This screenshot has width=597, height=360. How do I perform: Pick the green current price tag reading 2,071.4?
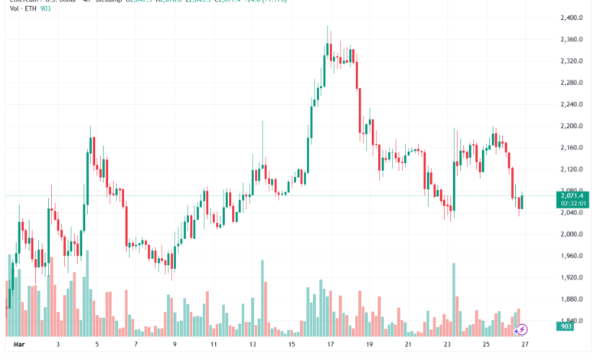pyautogui.click(x=573, y=197)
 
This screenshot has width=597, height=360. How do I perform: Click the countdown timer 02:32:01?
pyautogui.click(x=573, y=205)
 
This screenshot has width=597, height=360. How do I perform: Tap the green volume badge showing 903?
pyautogui.click(x=567, y=327)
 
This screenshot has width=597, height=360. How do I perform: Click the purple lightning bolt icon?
pyautogui.click(x=522, y=329)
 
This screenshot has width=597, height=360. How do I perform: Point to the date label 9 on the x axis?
pyautogui.click(x=175, y=345)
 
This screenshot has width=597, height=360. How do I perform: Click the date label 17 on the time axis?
pyautogui.click(x=330, y=345)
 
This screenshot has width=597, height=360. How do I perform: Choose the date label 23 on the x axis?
pyautogui.click(x=446, y=345)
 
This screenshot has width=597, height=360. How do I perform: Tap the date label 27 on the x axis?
pyautogui.click(x=524, y=345)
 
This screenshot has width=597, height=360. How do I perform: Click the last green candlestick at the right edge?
pyautogui.click(x=520, y=201)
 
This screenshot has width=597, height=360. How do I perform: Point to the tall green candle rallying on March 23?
pyautogui.click(x=454, y=184)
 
